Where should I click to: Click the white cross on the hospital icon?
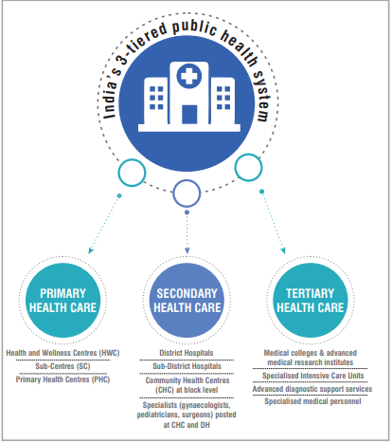pyautogui.click(x=188, y=76)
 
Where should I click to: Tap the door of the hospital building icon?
pyautogui.click(x=189, y=114)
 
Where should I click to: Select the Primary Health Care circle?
pyautogui.click(x=62, y=300)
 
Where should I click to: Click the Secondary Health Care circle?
pyautogui.click(x=187, y=300)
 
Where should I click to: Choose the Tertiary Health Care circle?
pyautogui.click(x=311, y=300)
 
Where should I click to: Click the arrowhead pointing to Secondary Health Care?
pyautogui.click(x=187, y=250)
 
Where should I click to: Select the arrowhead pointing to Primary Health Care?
pyautogui.click(x=91, y=250)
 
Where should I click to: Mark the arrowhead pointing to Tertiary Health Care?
pyautogui.click(x=283, y=250)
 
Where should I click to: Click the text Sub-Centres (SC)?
pyautogui.click(x=62, y=366)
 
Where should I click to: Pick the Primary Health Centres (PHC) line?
pyautogui.click(x=62, y=379)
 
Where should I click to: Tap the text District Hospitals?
pyautogui.click(x=187, y=353)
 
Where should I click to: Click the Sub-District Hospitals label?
pyautogui.click(x=187, y=366)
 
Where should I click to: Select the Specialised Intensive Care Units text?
pyautogui.click(x=312, y=376)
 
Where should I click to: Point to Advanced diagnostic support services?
pyautogui.click(x=312, y=389)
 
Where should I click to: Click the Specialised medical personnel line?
pyautogui.click(x=312, y=401)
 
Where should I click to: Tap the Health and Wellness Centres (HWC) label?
pyautogui.click(x=62, y=353)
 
